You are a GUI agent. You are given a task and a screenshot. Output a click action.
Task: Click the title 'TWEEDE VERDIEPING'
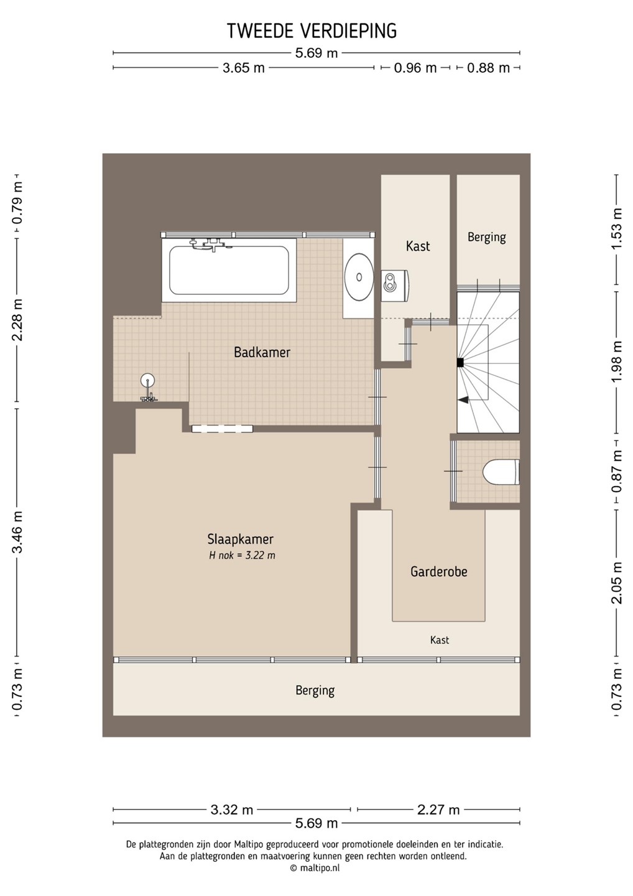(312, 31)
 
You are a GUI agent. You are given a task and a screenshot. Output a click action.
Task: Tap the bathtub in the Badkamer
(229, 271)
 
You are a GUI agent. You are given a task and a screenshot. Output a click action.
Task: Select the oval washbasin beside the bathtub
(359, 276)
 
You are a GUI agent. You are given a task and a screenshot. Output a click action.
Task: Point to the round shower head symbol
(148, 380)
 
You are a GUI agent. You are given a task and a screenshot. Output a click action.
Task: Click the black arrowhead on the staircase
(464, 399)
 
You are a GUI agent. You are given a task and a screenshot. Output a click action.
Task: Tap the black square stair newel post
(460, 362)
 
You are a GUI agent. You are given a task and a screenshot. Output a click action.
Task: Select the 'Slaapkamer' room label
(240, 539)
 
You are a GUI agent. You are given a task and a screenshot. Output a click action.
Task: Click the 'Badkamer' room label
(262, 352)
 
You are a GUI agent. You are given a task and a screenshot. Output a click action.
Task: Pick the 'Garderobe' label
(439, 572)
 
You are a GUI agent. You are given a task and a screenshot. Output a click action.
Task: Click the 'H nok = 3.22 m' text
(242, 556)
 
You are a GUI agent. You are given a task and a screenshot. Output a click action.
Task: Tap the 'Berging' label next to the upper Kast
(487, 237)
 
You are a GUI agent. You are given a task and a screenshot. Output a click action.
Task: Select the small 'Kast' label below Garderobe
(440, 640)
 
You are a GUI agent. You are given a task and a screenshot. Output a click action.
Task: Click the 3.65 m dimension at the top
(243, 68)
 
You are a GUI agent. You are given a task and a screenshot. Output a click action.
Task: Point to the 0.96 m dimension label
(415, 68)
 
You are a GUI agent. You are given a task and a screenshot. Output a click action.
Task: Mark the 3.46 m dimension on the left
(17, 531)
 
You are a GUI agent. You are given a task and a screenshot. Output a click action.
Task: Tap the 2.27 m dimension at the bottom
(438, 810)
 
